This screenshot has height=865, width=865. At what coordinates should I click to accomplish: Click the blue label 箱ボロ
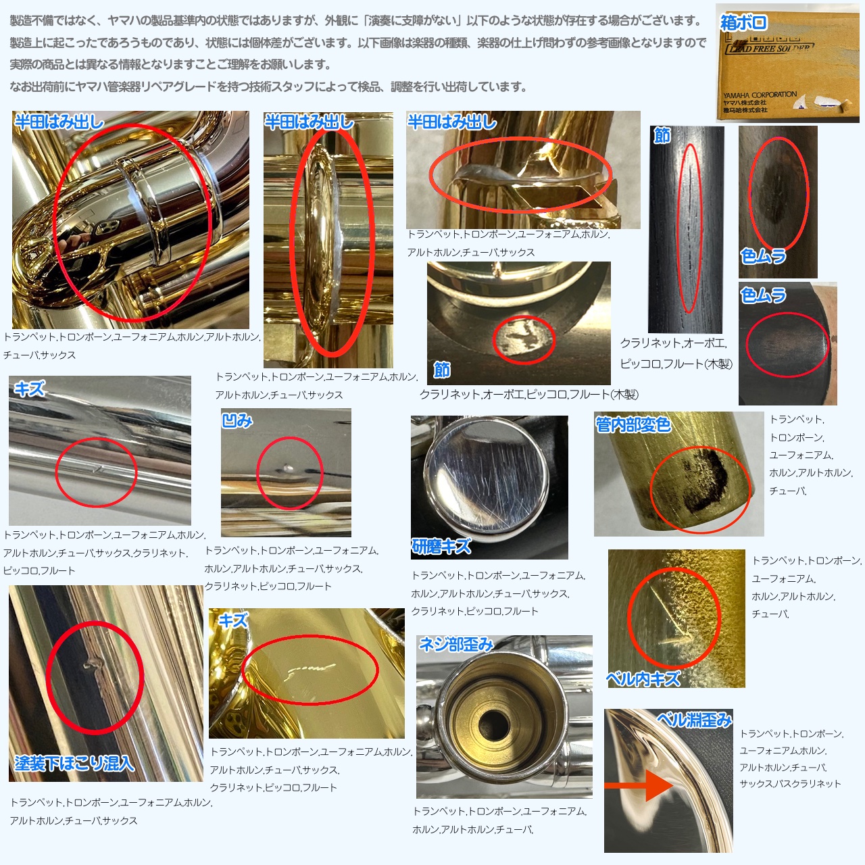[743, 22]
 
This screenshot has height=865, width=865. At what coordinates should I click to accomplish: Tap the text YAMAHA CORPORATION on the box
[760, 95]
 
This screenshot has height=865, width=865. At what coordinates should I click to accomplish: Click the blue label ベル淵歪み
[695, 720]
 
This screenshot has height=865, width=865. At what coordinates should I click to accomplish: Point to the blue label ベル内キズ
[643, 678]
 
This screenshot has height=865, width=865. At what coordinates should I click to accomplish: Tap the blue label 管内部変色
[633, 424]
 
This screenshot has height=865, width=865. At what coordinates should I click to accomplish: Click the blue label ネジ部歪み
[455, 644]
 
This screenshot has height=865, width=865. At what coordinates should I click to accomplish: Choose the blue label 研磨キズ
[442, 546]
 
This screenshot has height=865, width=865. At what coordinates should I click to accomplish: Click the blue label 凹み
[237, 420]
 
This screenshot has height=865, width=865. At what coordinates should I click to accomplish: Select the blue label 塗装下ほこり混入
[74, 763]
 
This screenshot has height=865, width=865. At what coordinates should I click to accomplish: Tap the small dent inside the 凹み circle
[287, 469]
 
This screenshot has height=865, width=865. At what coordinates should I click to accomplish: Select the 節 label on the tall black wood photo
[662, 134]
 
